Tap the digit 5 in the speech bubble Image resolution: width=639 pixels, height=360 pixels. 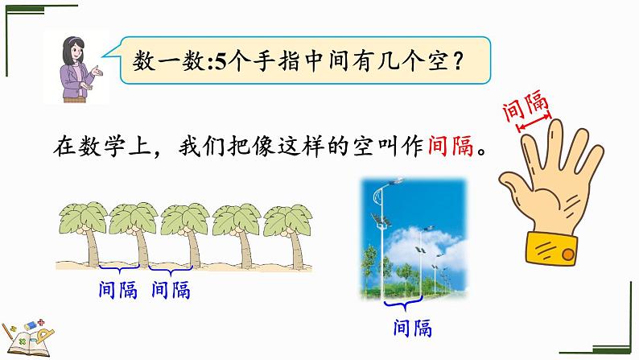pos(220,62)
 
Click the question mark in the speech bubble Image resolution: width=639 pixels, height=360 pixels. pos(458,61)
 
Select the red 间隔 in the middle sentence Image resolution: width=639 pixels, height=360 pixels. pos(451,146)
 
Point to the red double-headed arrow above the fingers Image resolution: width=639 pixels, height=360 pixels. pos(534,123)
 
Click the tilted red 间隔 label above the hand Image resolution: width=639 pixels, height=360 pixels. pos(526,106)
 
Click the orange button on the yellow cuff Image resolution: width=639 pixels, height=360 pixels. pos(567,254)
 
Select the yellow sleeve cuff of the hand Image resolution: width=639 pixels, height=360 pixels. pos(551,248)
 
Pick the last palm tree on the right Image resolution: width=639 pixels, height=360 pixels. pos(289,235)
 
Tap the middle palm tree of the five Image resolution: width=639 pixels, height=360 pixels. pos(185,234)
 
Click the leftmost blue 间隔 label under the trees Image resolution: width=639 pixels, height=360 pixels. pos(117,290)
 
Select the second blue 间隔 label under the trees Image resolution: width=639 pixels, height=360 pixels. pos(171,290)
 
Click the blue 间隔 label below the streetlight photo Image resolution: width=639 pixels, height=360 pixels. pos(412,328)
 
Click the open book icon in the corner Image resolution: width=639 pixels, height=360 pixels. pos(27,340)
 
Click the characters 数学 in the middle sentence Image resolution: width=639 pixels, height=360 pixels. pos(101,146)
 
